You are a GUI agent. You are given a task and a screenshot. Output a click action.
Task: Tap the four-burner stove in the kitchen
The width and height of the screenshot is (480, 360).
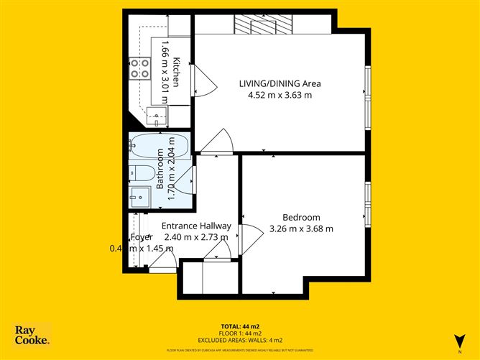point(139,68)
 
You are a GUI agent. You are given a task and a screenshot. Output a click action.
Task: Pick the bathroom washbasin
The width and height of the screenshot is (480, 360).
point(139,195)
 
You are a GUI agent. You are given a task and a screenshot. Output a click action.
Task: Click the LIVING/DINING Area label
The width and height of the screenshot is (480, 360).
point(280,83)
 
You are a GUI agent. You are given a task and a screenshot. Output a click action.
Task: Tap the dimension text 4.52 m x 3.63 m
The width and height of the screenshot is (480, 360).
point(280,96)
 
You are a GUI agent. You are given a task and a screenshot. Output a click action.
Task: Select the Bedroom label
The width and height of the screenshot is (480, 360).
point(300,217)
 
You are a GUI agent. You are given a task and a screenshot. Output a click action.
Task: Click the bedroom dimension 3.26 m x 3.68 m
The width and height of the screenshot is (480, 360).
point(300,229)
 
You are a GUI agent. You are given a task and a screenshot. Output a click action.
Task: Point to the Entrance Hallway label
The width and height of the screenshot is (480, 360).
point(195,225)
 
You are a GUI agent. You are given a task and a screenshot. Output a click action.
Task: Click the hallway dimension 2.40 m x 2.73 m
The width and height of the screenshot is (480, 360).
point(195,237)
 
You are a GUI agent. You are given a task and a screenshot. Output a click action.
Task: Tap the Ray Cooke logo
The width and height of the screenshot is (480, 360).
point(32,336)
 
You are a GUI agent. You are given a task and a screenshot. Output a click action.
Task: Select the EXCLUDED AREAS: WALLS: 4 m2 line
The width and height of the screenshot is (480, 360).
point(240,340)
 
